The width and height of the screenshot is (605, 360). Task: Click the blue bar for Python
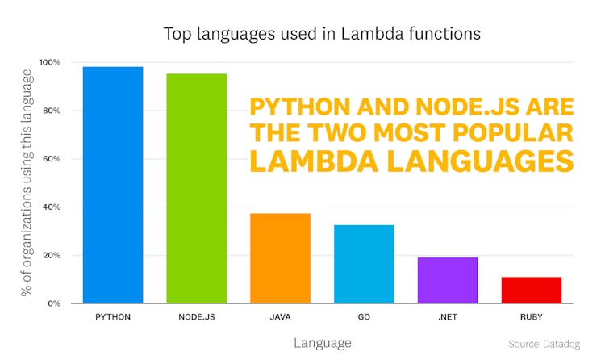pyautogui.click(x=113, y=185)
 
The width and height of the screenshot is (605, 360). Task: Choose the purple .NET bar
pyautogui.click(x=448, y=280)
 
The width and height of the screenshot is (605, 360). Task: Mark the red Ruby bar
pyautogui.click(x=531, y=290)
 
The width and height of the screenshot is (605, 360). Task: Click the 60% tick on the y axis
pyautogui.click(x=51, y=159)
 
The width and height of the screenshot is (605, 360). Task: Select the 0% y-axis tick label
pyautogui.click(x=53, y=303)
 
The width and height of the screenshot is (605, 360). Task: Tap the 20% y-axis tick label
pyautogui.click(x=51, y=256)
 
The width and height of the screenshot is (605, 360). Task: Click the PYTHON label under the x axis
pyautogui.click(x=113, y=317)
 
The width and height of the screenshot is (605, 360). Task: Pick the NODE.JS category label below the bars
pyautogui.click(x=197, y=317)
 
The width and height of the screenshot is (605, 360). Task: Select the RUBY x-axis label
pyautogui.click(x=531, y=317)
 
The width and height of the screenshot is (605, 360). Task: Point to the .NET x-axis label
pyautogui.click(x=448, y=317)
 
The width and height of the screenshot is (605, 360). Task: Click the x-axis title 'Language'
pyautogui.click(x=322, y=343)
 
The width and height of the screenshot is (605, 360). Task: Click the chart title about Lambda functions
pyautogui.click(x=322, y=34)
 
